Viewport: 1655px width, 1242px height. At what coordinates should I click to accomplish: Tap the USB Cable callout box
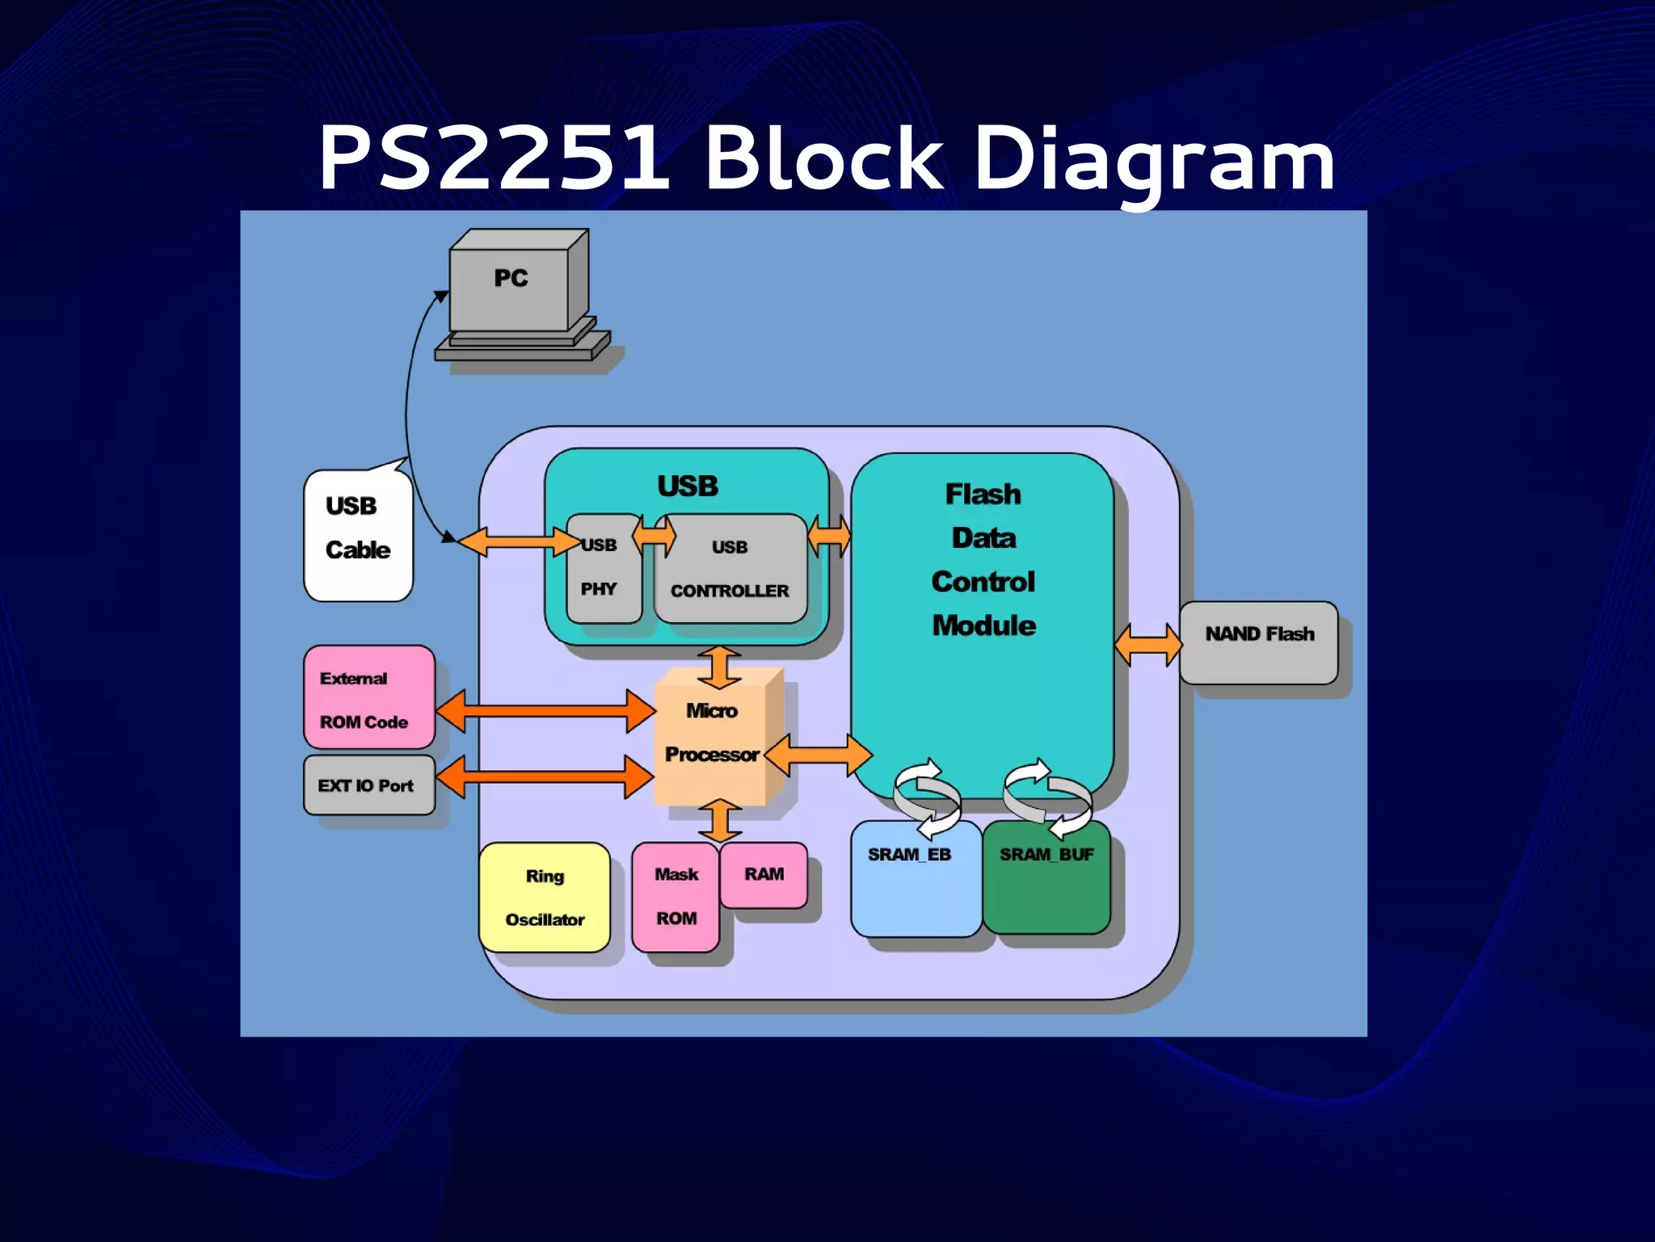tap(358, 535)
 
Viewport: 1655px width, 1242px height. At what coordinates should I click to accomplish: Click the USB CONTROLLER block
tap(730, 570)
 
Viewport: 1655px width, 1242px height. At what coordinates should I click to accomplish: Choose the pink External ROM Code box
tap(368, 697)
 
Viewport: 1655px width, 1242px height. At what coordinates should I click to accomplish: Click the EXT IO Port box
tap(368, 785)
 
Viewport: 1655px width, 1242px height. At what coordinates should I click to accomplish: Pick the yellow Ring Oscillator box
tap(544, 897)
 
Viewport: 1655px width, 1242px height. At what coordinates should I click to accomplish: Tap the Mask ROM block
tap(675, 897)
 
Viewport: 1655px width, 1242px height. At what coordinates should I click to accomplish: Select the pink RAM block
tap(763, 875)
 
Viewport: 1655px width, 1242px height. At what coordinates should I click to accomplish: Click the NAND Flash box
tap(1258, 642)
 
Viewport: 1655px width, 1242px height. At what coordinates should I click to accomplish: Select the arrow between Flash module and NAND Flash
tap(1148, 645)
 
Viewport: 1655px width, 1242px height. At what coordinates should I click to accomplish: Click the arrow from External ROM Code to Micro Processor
tap(545, 711)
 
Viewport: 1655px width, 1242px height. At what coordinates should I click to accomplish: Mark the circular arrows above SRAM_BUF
tap(1046, 798)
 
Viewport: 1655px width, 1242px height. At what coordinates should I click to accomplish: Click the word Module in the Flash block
tap(983, 625)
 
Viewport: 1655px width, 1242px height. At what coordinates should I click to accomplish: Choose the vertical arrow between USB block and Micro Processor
tap(719, 667)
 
